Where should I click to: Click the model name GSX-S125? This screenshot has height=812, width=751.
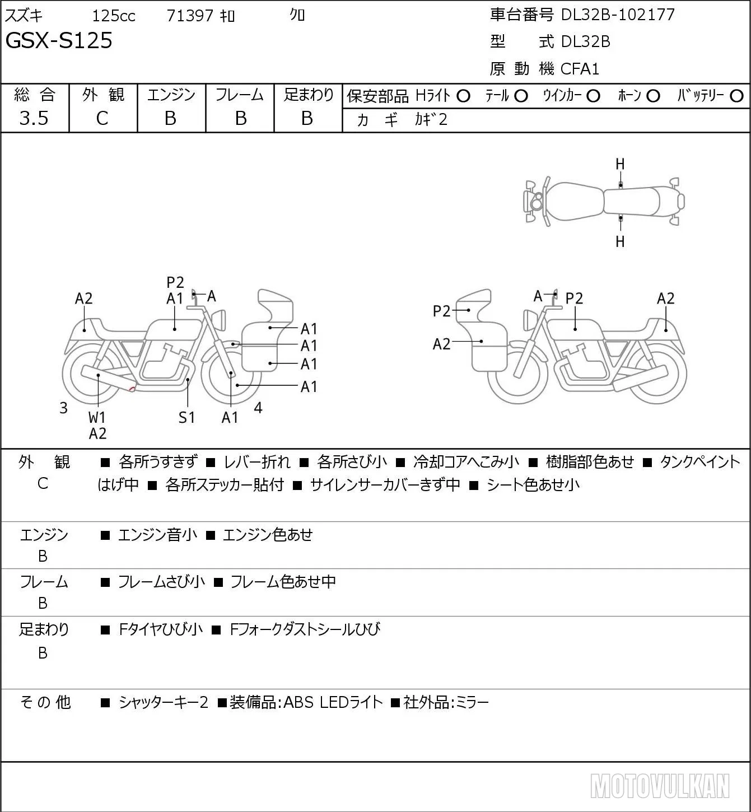(x=58, y=40)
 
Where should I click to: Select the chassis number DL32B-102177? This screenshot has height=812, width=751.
(x=618, y=15)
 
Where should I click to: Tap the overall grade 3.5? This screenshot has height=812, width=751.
(x=34, y=118)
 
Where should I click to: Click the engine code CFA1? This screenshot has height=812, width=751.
(x=580, y=69)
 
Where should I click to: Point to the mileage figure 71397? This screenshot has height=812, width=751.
(x=190, y=16)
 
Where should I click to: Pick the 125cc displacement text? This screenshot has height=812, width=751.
(x=114, y=16)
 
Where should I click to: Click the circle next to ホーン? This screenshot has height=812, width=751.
(x=653, y=96)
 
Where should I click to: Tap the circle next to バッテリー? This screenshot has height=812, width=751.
(x=736, y=96)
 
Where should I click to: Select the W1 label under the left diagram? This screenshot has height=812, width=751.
(x=97, y=417)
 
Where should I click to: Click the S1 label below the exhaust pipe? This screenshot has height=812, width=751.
(x=187, y=417)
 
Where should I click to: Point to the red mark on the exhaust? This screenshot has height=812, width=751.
(x=132, y=388)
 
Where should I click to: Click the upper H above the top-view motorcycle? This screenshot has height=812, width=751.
(x=620, y=165)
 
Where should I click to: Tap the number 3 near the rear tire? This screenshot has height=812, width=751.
(x=63, y=408)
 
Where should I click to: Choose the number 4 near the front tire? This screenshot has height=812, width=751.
(x=258, y=408)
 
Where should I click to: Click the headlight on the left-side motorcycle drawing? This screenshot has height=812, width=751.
(x=219, y=320)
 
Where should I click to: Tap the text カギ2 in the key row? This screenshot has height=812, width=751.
(x=431, y=120)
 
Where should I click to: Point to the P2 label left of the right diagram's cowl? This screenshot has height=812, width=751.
(x=441, y=311)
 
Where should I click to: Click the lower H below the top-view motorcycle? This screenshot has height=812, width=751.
(x=620, y=241)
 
